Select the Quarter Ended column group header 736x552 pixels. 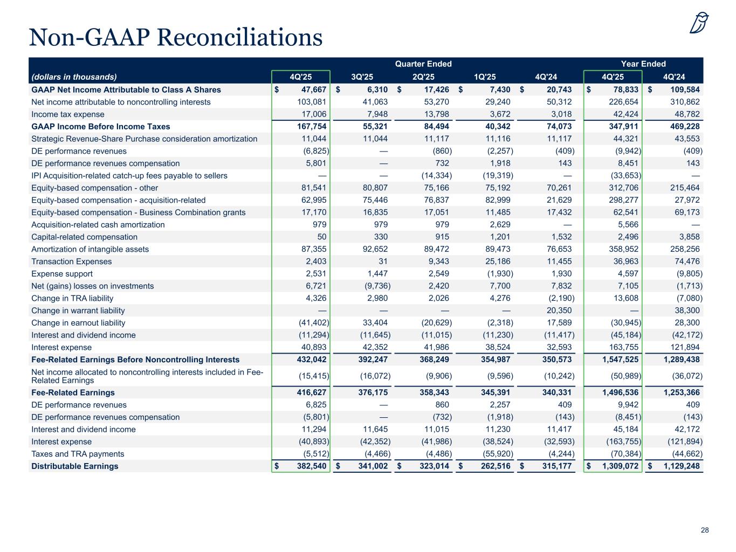(x=423, y=64)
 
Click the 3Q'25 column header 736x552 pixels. (x=362, y=77)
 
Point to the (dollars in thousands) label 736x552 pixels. (x=74, y=77)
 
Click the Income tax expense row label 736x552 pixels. (x=68, y=114)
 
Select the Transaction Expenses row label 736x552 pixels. (x=72, y=261)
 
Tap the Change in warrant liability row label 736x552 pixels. (x=78, y=310)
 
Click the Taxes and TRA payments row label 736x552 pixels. (x=78, y=454)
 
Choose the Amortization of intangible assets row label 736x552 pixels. (x=90, y=249)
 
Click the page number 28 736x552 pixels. (x=705, y=530)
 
